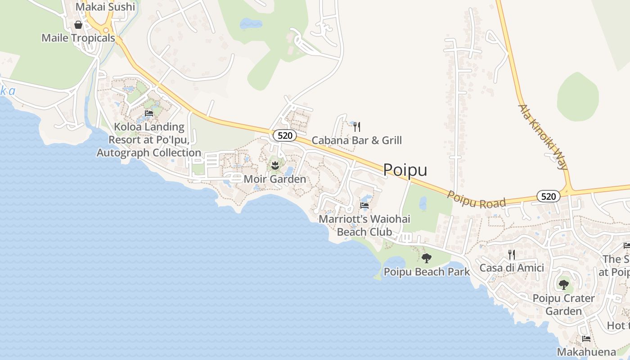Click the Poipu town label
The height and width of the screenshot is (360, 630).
[405, 170]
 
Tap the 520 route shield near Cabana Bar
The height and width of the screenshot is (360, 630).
[284, 135]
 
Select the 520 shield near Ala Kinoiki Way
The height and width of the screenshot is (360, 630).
[548, 196]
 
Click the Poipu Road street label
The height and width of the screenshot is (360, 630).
[476, 199]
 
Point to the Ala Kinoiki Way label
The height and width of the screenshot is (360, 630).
[543, 137]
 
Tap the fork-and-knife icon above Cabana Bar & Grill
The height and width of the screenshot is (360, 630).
[357, 127]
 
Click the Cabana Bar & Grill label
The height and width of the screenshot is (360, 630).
[356, 140]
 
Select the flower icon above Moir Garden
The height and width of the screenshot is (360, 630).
[275, 165]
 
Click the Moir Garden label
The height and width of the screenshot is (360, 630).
[274, 179]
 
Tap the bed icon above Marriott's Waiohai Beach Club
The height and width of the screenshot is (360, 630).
[364, 206]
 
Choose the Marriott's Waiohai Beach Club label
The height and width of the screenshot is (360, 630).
[364, 225]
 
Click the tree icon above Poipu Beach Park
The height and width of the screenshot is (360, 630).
[426, 258]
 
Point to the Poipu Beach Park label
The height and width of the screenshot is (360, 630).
[426, 272]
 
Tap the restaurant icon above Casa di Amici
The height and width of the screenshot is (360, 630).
[512, 255]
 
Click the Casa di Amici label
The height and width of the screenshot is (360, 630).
[512, 268]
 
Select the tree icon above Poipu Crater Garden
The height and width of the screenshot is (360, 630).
[563, 284]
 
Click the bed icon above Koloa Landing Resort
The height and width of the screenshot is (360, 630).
[149, 113]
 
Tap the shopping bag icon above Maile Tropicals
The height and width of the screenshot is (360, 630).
[78, 25]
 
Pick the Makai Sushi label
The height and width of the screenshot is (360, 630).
[105, 7]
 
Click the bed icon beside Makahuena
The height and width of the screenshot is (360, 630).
[586, 338]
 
